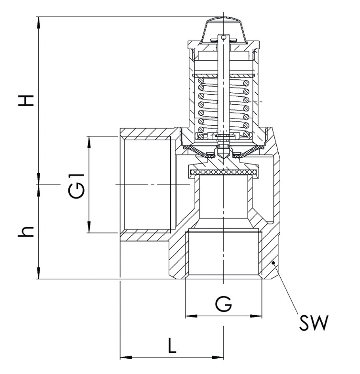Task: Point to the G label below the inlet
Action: click(223, 304)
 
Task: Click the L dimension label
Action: click(172, 345)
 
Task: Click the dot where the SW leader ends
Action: click(273, 263)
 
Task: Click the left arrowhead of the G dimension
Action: click(188, 316)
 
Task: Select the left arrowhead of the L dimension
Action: click(122, 357)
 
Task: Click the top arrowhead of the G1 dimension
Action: click(89, 139)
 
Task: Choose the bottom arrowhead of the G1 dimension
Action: click(89, 230)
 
